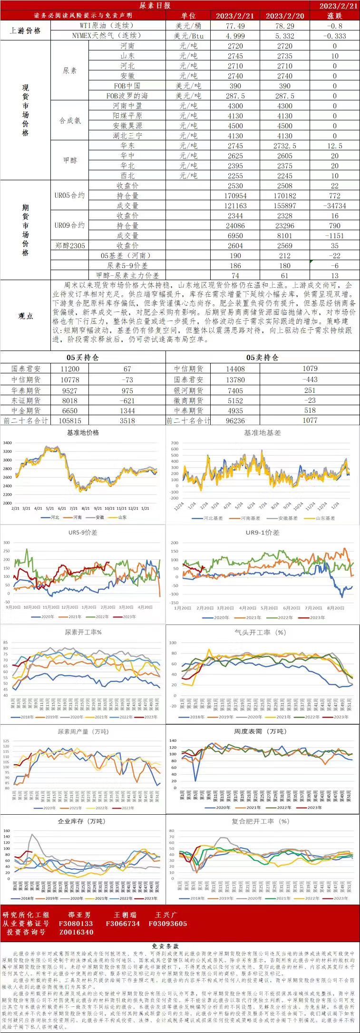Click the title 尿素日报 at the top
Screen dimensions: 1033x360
(x=155, y=6)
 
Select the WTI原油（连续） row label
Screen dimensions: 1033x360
(x=107, y=26)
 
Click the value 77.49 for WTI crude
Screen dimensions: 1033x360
(x=235, y=26)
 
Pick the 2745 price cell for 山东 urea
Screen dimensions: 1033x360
(x=235, y=56)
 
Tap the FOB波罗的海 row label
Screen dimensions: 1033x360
(x=127, y=96)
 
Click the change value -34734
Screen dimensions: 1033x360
(x=334, y=206)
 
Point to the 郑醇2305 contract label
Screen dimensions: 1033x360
(x=69, y=246)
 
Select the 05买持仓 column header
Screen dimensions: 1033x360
(x=83, y=357)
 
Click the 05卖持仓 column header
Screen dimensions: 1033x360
(x=262, y=357)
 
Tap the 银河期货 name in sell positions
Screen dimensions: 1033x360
(x=188, y=390)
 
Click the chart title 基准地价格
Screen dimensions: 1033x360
(x=83, y=433)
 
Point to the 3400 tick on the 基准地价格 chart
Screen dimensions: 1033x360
(x=7, y=443)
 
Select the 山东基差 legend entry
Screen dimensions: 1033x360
(x=325, y=518)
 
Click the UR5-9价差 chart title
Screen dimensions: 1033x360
(x=83, y=533)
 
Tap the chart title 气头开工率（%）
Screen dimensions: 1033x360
(x=261, y=633)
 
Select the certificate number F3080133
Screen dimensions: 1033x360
(x=76, y=924)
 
